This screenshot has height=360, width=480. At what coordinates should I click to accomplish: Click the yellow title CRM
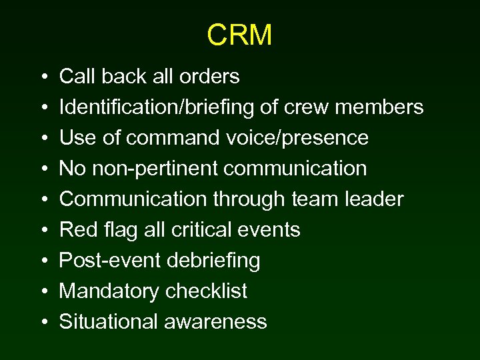click(x=239, y=35)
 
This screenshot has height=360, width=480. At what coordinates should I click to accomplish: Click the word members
click(x=390, y=107)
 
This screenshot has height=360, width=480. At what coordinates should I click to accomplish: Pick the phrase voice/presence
click(x=295, y=138)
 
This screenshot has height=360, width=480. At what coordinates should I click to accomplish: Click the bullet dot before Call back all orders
click(x=43, y=77)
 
